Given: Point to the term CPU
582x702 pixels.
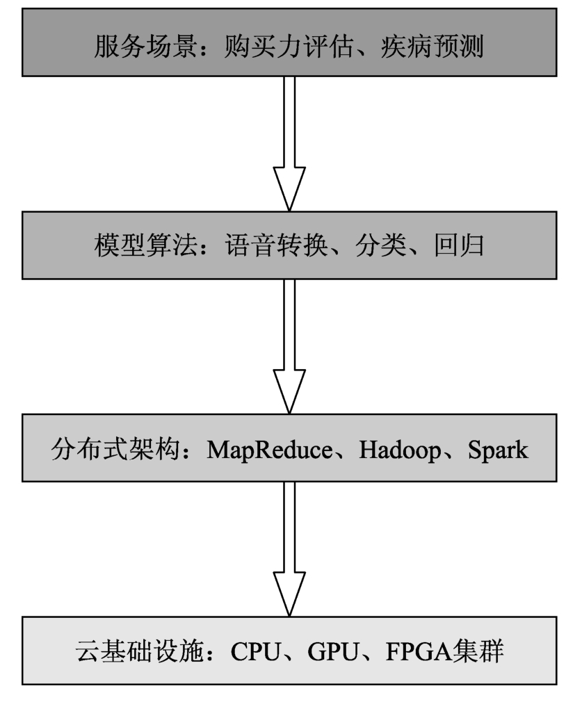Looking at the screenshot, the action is click(x=256, y=651).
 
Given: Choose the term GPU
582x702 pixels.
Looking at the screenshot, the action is click(x=333, y=651).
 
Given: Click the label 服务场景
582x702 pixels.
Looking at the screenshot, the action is click(x=145, y=46).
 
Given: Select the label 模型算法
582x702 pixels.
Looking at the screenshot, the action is click(x=145, y=245).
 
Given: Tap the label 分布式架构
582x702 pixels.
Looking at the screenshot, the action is click(x=115, y=449).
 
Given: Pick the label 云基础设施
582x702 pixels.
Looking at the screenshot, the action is click(x=140, y=651).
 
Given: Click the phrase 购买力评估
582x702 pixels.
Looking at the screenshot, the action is click(x=289, y=46).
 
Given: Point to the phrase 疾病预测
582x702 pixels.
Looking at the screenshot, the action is click(x=432, y=46).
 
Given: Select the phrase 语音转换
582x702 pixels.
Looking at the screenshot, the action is click(x=277, y=245).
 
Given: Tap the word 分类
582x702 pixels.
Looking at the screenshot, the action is click(x=381, y=245).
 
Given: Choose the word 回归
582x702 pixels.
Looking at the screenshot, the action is click(x=459, y=245).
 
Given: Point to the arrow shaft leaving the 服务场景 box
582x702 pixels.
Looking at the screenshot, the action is click(x=289, y=122).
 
